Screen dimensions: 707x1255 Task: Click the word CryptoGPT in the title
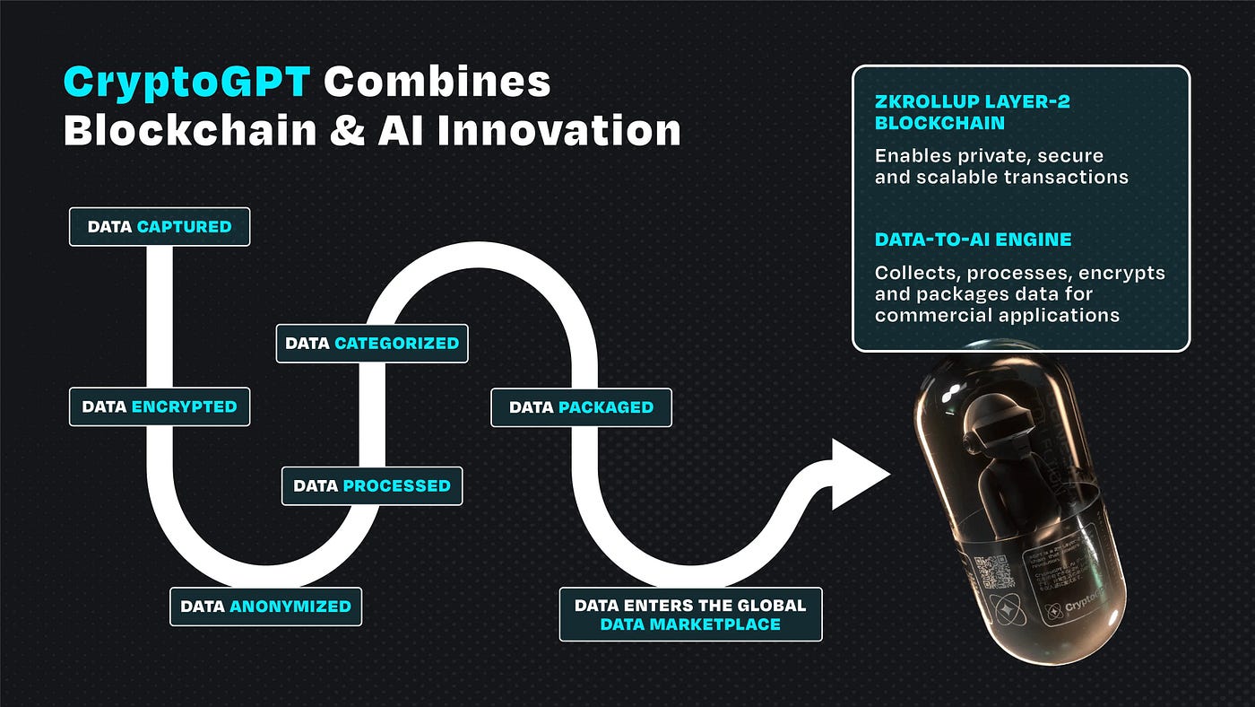click(x=186, y=83)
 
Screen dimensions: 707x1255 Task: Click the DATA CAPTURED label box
click(x=160, y=227)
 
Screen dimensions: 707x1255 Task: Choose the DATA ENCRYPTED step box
click(x=160, y=406)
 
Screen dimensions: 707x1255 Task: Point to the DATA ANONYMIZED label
click(x=265, y=607)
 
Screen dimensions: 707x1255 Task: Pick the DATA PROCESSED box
click(x=372, y=485)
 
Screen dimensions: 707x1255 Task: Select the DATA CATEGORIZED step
click(x=372, y=343)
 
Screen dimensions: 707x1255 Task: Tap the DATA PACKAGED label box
click(x=581, y=407)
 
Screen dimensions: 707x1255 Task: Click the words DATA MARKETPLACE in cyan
click(x=690, y=624)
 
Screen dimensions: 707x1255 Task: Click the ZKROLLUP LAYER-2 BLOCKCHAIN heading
click(x=972, y=112)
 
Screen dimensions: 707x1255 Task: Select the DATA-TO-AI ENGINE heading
click(x=973, y=240)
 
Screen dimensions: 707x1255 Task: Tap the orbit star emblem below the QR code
click(x=1000, y=610)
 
